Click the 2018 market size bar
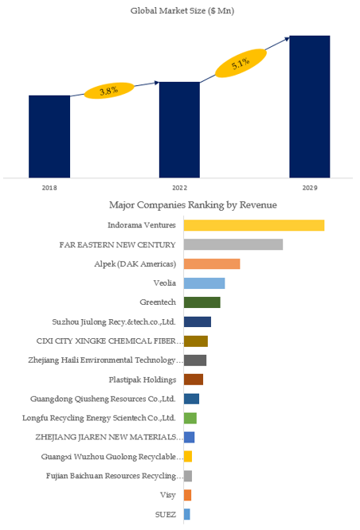click(x=49, y=137)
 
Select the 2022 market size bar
click(x=179, y=130)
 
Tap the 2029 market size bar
click(x=310, y=107)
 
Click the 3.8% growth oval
click(x=109, y=91)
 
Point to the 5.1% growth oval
click(x=241, y=63)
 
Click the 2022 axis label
click(x=179, y=188)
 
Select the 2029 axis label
click(x=310, y=188)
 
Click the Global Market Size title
click(x=182, y=11)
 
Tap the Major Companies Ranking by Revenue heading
click(x=193, y=205)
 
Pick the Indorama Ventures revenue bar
click(x=254, y=225)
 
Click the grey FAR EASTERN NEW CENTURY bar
click(x=233, y=244)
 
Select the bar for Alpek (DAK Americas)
click(x=212, y=263)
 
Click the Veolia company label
click(x=165, y=283)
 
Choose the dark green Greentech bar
click(x=202, y=302)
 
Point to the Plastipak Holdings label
click(x=143, y=380)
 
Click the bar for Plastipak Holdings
click(x=194, y=380)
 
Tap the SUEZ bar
click(x=187, y=514)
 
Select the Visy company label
click(x=168, y=495)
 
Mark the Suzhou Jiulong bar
click(x=198, y=322)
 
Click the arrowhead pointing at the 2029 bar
click(x=288, y=38)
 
